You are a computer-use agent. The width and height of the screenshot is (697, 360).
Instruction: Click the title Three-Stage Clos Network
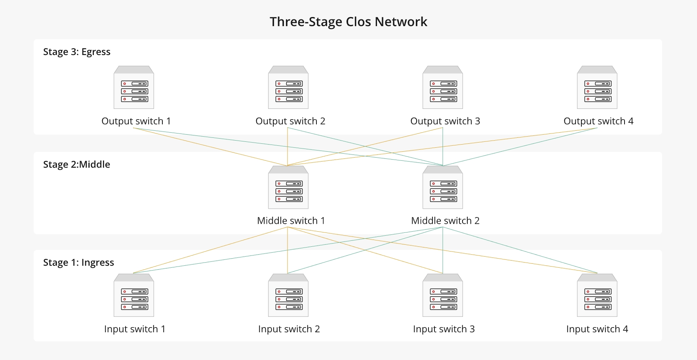[x=348, y=22]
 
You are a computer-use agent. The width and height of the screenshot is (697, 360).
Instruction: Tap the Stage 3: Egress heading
[x=76, y=52]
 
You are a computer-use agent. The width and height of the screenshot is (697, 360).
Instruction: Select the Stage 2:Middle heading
[x=76, y=164]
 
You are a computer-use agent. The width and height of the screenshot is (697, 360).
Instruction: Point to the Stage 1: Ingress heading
[x=78, y=263]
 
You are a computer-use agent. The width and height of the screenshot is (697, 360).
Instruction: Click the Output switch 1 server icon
[x=134, y=88]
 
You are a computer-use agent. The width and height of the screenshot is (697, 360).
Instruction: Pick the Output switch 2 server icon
[x=288, y=88]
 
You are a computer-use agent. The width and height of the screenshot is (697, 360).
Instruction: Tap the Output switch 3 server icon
[x=443, y=88]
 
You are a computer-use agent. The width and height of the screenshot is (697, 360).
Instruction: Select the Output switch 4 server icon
[x=597, y=88]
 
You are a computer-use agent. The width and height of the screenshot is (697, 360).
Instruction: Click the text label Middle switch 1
[x=291, y=221]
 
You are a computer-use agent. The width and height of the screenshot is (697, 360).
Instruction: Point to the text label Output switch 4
[x=598, y=121]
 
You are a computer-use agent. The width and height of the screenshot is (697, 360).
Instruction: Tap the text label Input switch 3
[x=444, y=329]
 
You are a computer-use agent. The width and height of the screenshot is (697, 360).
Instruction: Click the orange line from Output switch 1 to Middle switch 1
[x=211, y=147]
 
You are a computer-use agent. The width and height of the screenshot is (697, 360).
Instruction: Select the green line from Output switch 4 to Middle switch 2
[x=520, y=147]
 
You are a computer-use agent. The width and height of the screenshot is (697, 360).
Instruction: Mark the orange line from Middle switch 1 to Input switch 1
[x=211, y=250]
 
